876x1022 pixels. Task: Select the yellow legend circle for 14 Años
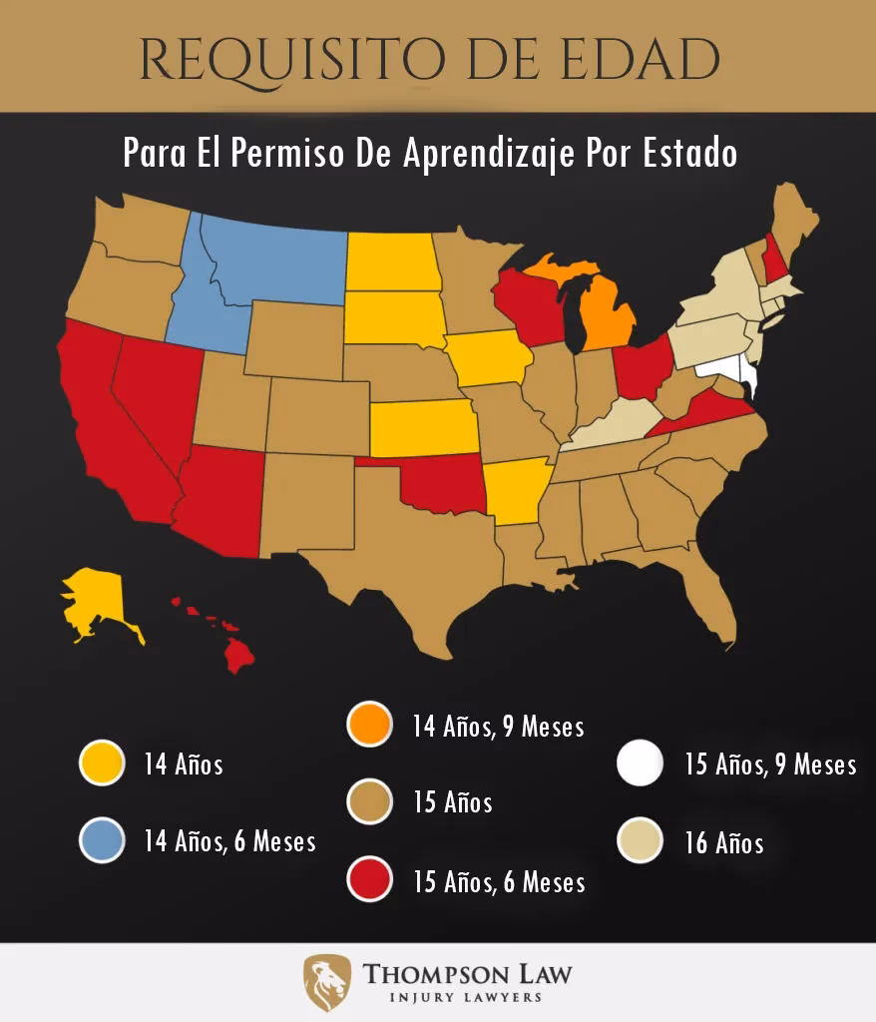pos(102,766)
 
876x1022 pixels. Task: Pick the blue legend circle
pos(102,840)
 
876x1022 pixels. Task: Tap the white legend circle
pos(640,765)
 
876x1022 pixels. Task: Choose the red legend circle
pos(369,880)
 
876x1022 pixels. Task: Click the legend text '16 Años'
pos(723,843)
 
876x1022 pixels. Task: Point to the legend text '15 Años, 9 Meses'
pos(770,766)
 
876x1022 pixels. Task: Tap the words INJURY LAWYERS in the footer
pos(467,997)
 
